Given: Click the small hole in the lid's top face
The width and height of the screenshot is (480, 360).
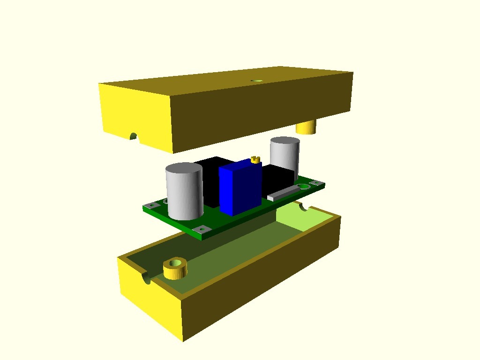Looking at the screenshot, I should [256, 81].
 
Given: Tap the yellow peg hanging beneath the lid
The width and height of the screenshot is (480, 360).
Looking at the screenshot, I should [307, 127].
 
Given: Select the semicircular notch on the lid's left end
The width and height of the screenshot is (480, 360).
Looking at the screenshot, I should [134, 137].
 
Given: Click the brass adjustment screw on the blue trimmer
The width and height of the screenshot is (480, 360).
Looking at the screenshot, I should [255, 159].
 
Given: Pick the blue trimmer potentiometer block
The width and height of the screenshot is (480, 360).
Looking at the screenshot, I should [240, 187].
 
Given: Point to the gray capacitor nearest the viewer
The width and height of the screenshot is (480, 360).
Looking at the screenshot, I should [184, 192].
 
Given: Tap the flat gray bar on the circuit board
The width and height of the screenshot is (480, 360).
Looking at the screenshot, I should [283, 192].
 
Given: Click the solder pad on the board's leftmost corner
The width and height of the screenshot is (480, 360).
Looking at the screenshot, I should [151, 205].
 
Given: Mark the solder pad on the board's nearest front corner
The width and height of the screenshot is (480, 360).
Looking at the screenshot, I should [202, 229].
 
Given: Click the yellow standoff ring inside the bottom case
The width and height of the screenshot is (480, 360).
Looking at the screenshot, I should [175, 268].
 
